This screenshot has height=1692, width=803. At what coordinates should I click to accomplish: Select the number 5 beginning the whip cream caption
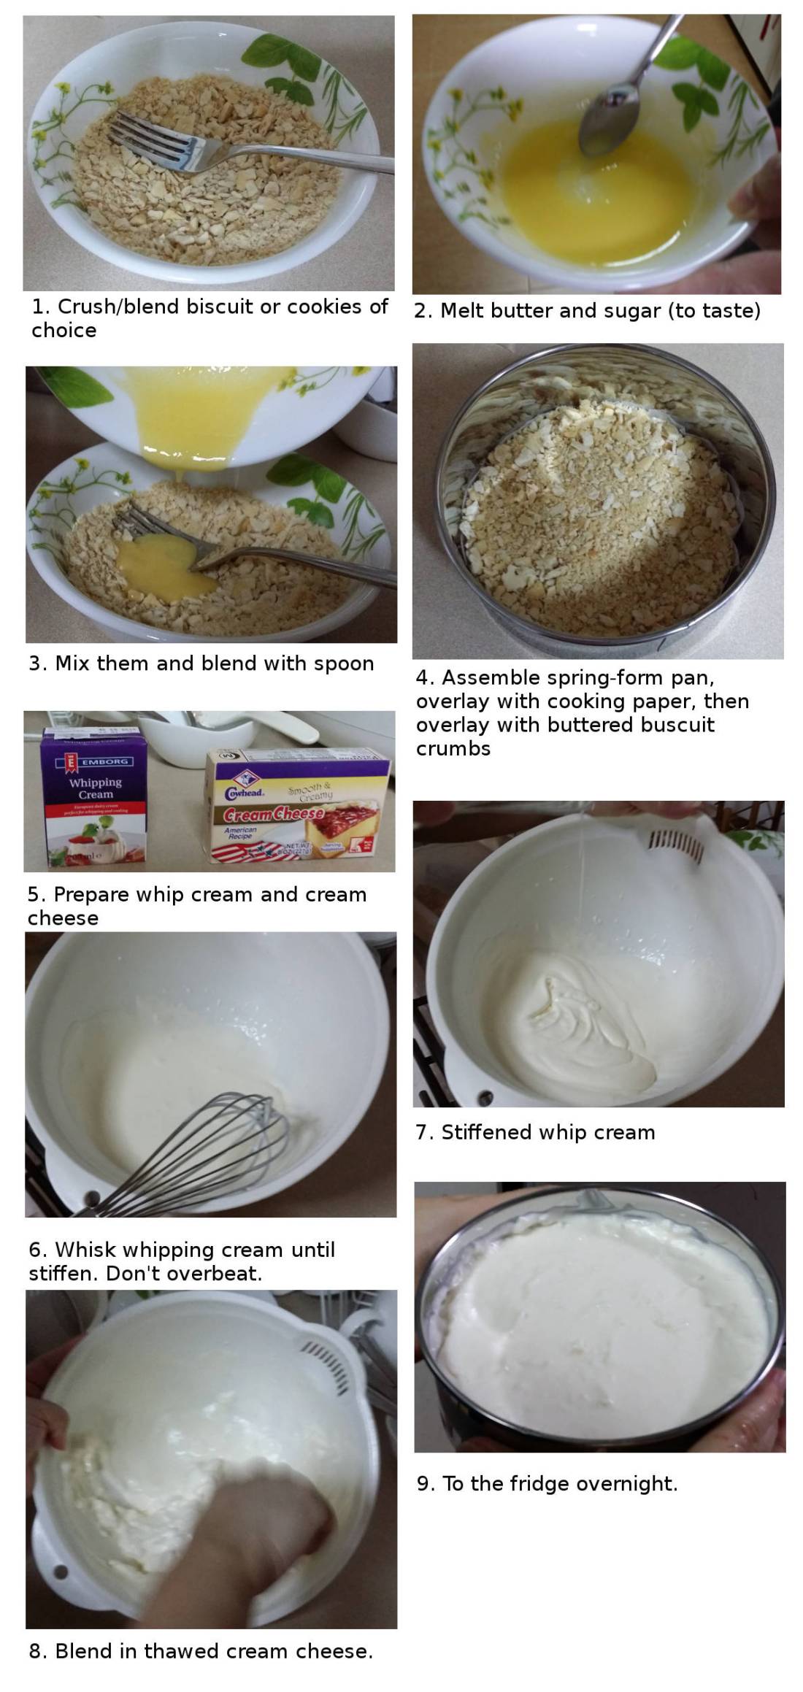[x=34, y=895]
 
